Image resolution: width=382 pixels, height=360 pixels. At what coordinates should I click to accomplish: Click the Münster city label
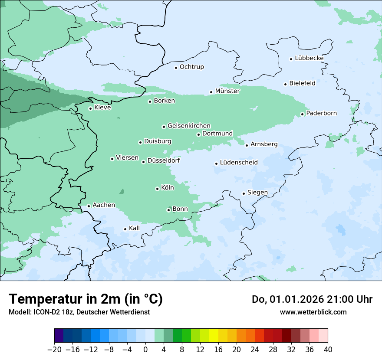pos(227,91)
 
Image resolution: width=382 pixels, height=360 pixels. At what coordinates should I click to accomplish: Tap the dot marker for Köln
pos(157,189)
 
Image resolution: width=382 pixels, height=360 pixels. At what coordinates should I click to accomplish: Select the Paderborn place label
pos(321,113)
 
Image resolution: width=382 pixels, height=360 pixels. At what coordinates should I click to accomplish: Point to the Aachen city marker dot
pos(89,206)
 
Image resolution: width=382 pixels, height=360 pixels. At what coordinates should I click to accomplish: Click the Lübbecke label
pos(309,58)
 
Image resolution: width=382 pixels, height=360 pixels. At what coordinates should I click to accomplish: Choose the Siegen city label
pos(257,193)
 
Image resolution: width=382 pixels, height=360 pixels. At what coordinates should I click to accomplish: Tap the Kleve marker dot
pos(90,108)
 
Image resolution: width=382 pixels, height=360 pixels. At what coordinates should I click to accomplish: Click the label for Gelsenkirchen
pos(189,126)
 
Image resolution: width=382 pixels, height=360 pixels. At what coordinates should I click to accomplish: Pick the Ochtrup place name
pos(191,67)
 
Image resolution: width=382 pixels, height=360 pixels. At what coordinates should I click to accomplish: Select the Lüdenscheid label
pos(239,163)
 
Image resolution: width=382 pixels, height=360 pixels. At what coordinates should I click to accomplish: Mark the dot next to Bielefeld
pos(286,84)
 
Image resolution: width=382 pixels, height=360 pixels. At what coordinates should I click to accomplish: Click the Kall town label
pos(135,228)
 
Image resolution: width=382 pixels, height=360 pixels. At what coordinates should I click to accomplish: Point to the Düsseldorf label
pos(164,160)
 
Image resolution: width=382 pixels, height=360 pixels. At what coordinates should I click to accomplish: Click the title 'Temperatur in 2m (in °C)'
pos(86,299)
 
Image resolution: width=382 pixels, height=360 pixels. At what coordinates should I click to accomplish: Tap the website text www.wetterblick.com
pos(313,312)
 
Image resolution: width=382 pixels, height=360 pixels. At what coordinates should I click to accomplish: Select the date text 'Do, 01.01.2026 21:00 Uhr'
pos(312,299)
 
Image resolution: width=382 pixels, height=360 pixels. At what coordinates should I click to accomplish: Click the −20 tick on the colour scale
pos(54,349)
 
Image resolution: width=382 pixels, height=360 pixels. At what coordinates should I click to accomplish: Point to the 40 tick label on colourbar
pos(328,349)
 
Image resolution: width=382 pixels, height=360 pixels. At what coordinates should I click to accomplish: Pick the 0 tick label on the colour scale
pos(145,349)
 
